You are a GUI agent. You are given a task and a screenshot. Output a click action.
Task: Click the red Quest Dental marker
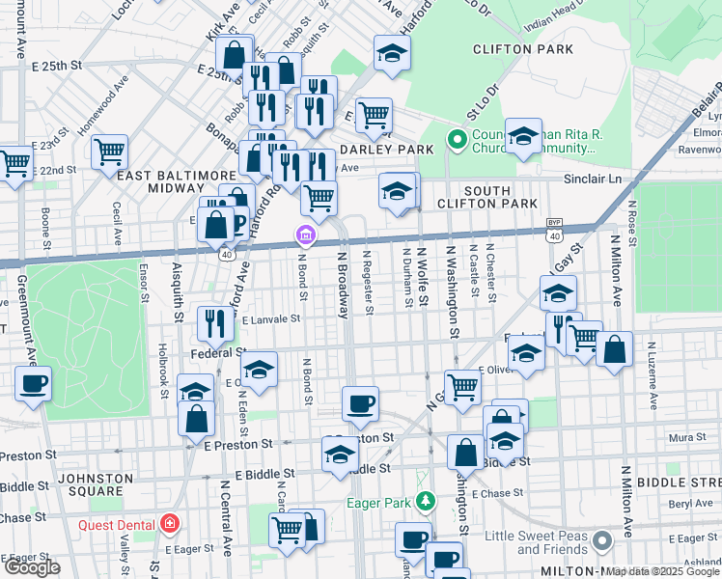point(170,524)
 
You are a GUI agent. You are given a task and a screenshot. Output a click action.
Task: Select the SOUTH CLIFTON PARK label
point(486,197)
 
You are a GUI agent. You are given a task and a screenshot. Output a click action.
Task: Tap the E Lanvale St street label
point(271,318)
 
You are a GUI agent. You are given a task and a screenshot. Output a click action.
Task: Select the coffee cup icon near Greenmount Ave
point(33,383)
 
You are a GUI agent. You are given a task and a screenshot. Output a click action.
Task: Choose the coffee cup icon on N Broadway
point(360,403)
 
